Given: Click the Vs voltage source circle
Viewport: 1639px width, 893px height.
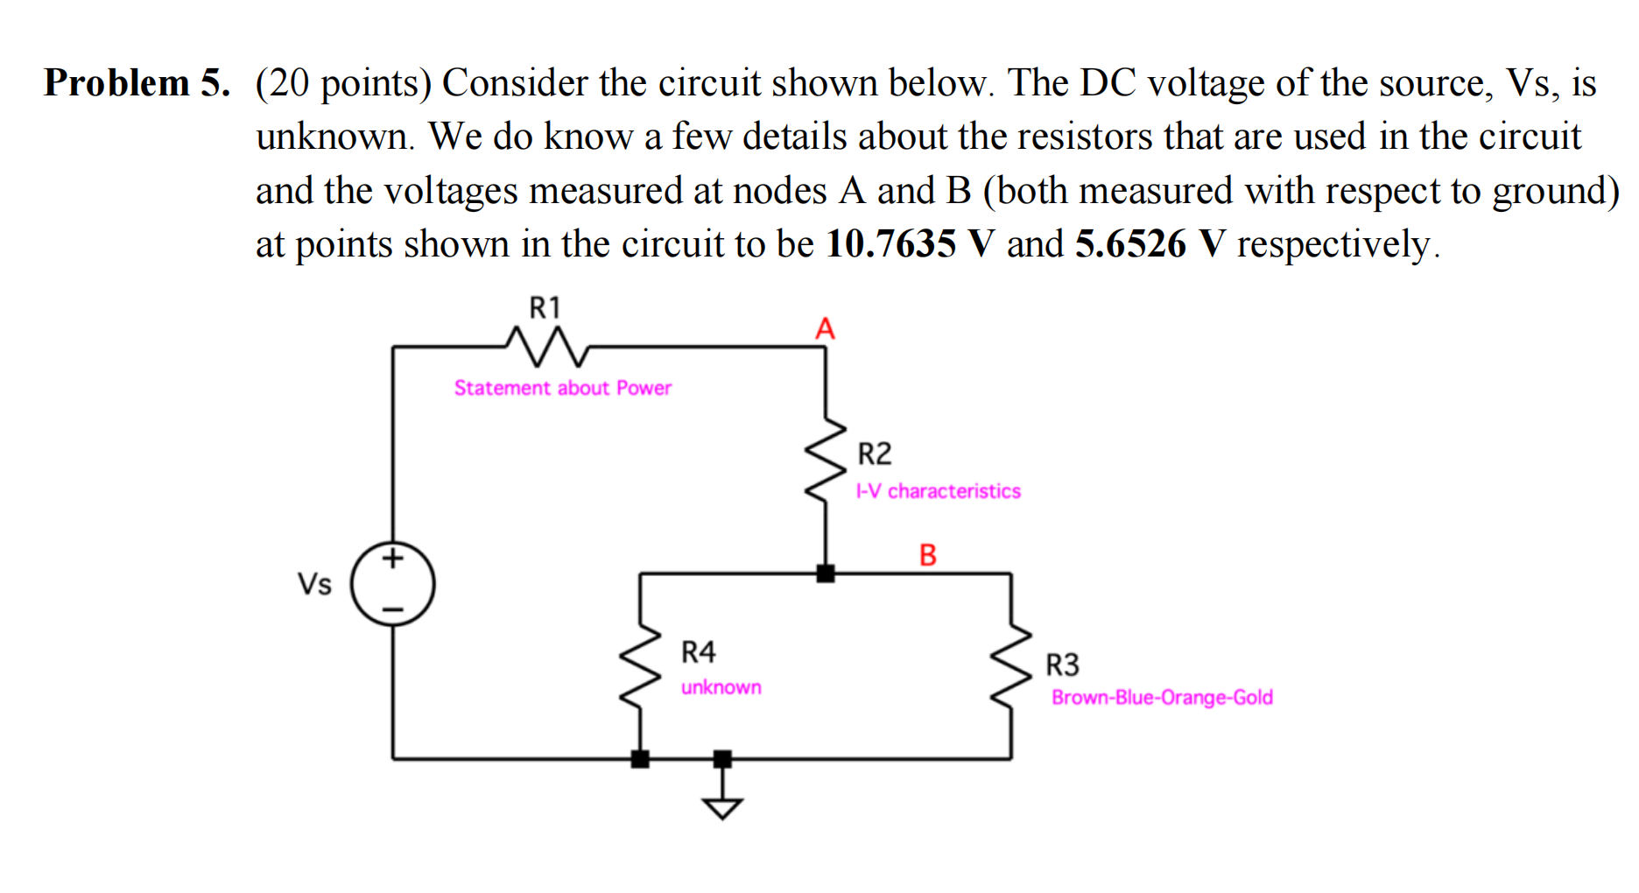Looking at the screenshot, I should tap(393, 583).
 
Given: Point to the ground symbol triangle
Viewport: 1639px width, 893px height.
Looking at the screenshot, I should tap(722, 808).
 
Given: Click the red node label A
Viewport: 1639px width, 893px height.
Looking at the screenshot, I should tap(825, 329).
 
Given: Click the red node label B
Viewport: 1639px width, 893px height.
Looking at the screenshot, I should tap(928, 555).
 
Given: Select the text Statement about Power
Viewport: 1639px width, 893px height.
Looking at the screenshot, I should tap(562, 388).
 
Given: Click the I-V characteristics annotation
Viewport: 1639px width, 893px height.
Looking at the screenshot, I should tap(938, 491).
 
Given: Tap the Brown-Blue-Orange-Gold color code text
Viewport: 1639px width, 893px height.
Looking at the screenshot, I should tap(1162, 698).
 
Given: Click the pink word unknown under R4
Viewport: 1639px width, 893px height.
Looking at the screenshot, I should tap(721, 687).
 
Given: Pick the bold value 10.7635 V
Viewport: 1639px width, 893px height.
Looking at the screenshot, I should tap(910, 244).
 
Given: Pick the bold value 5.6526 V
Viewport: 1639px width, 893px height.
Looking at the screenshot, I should tap(1150, 244).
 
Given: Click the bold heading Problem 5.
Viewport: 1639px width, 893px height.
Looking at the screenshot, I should tap(137, 83).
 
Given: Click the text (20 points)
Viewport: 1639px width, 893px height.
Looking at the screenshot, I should tap(343, 84).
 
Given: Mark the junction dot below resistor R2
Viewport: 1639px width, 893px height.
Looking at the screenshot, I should tap(826, 573).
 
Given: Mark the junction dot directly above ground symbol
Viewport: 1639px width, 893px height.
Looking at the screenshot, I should tap(722, 758).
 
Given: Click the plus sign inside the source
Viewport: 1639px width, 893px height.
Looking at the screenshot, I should tap(393, 557).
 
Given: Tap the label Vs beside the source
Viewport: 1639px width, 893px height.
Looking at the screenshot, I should tap(314, 584).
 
